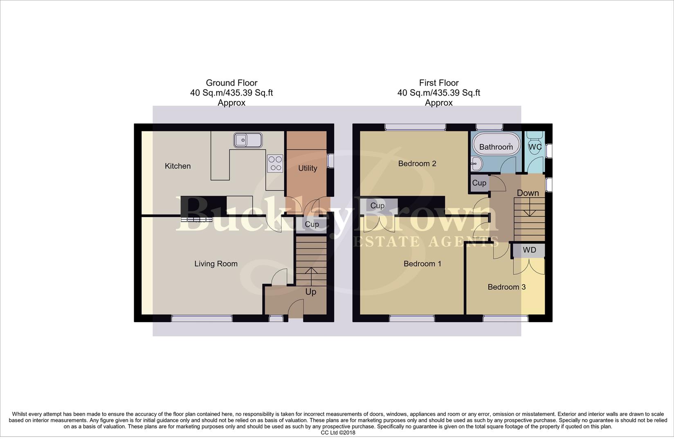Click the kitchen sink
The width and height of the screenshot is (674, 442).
[248, 140]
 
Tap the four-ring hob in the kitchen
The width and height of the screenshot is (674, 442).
[275, 163]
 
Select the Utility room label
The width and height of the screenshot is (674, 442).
[308, 168]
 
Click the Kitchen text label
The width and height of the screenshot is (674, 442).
[177, 166]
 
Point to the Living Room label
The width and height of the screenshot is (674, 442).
[216, 264]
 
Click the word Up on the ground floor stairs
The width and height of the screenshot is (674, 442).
[311, 292]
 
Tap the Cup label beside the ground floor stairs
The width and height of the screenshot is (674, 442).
[312, 224]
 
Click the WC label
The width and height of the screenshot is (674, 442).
[535, 147]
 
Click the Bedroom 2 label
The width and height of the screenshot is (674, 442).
[417, 164]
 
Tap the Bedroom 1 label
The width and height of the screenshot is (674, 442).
[422, 264]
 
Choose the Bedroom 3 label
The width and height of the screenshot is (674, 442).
[506, 287]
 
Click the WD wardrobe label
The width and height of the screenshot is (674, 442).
[529, 250]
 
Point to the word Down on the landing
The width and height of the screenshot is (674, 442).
[528, 193]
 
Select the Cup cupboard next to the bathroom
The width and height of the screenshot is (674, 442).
[479, 183]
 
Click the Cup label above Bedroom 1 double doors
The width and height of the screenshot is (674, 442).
[377, 205]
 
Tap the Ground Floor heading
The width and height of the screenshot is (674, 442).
[231, 83]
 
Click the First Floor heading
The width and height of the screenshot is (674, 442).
[439, 83]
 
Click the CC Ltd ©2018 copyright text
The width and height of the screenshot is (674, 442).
[338, 433]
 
